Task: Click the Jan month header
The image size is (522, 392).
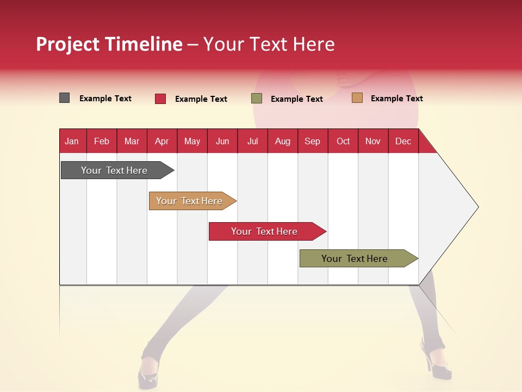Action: [x=72, y=141]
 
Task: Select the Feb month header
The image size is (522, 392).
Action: [x=102, y=141]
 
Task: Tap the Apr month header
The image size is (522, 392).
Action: [x=161, y=141]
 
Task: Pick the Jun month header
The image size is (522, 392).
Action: [x=222, y=141]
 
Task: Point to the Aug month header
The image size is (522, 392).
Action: [x=282, y=141]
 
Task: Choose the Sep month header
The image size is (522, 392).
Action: [x=312, y=141]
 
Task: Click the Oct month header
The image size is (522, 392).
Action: [x=343, y=141]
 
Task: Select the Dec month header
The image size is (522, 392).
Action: [x=403, y=141]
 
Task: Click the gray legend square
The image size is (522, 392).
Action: [x=65, y=98]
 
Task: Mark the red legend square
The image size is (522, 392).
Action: [x=160, y=99]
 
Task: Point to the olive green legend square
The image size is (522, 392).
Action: [x=257, y=99]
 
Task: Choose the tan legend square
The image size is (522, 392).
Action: [x=357, y=98]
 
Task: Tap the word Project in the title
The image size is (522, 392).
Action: [x=67, y=44]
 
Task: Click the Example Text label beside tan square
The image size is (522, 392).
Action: [x=396, y=98]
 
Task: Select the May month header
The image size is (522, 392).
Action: [x=192, y=141]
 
